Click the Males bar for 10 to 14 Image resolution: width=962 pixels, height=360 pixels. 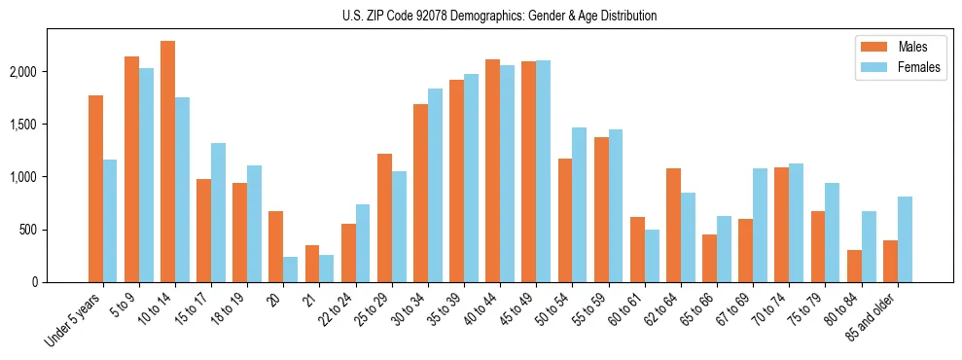(x=167, y=162)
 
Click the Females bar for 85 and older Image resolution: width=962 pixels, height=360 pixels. (x=905, y=239)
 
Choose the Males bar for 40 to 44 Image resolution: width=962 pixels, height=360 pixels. (x=492, y=170)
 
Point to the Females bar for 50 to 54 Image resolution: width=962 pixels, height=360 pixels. (x=579, y=204)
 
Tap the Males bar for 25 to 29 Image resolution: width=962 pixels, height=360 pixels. (x=384, y=218)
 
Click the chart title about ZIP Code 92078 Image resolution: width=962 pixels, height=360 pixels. (x=499, y=16)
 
